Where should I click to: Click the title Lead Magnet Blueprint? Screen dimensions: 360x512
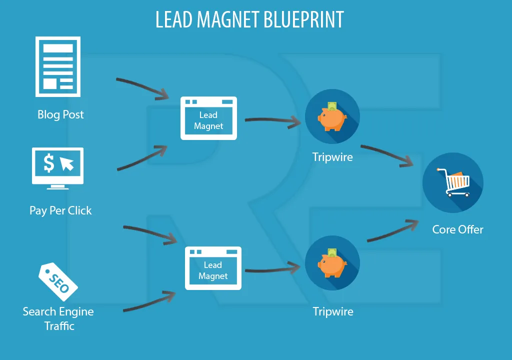tap(249, 20)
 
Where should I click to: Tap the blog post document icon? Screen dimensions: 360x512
tap(57, 66)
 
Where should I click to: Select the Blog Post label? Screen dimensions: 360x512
tap(60, 115)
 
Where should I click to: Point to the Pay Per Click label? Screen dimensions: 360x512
tap(60, 210)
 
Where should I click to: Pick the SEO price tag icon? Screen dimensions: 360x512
tap(58, 282)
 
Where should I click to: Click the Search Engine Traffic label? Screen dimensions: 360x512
tap(58, 318)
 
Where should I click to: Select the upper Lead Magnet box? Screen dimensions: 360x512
tap(208, 118)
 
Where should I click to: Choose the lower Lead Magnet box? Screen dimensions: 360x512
tap(213, 268)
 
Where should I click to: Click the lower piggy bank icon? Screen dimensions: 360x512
tap(332, 264)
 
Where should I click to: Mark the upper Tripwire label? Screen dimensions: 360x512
tap(332, 157)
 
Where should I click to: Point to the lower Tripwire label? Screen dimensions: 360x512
tap(333, 311)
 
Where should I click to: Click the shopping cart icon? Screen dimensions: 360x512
tap(452, 183)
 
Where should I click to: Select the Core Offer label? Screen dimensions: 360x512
tap(457, 229)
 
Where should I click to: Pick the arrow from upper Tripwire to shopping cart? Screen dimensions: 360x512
tap(387, 154)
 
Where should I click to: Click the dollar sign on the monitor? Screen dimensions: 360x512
tap(49, 163)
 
